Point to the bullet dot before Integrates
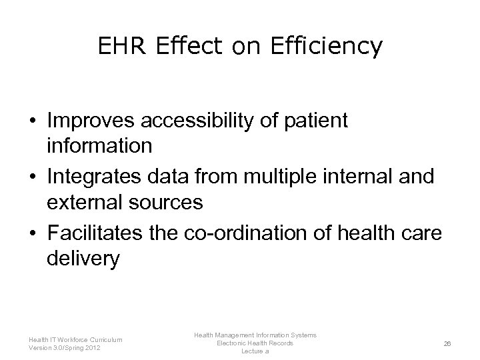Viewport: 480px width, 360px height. click(x=32, y=177)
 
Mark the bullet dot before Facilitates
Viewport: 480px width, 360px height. click(x=32, y=233)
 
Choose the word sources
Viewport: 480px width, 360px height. click(x=167, y=202)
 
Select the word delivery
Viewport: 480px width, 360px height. click(x=83, y=258)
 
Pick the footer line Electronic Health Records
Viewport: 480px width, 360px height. click(x=255, y=343)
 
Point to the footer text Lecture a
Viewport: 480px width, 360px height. click(x=255, y=351)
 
